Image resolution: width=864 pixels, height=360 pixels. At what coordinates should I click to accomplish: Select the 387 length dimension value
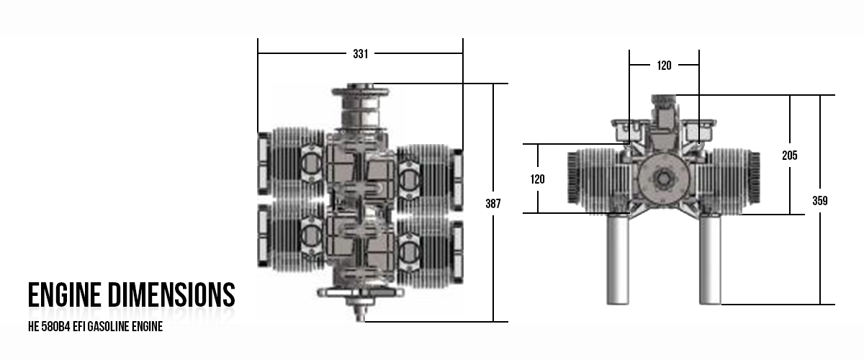click(x=493, y=204)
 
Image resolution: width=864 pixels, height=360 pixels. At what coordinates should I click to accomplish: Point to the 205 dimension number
click(x=790, y=155)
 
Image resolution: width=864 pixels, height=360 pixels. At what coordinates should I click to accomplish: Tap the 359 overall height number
click(x=820, y=201)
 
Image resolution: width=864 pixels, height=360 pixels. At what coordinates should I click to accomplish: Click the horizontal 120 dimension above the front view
click(x=664, y=66)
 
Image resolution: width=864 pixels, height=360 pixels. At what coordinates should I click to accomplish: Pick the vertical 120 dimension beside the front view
click(x=538, y=179)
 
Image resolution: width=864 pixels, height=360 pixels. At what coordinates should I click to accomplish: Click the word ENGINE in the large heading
click(x=66, y=296)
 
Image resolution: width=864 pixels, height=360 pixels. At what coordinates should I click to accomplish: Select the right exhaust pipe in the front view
click(x=710, y=259)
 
